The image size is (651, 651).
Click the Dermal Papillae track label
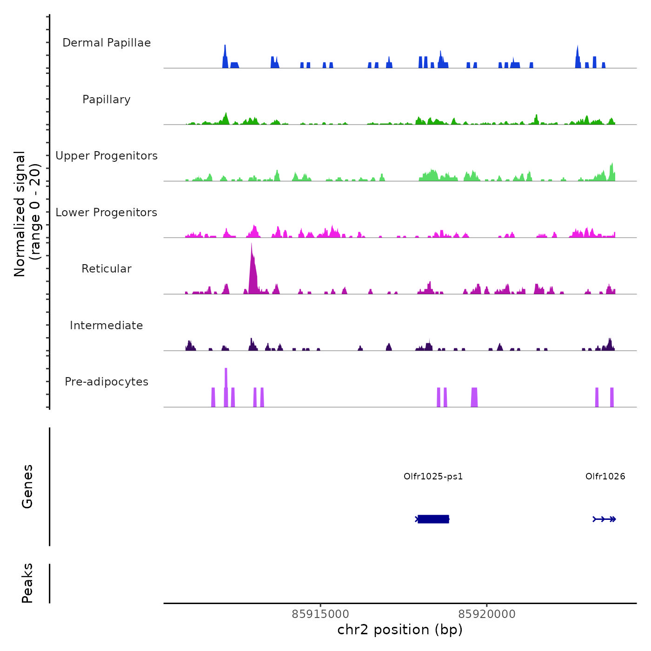click(106, 43)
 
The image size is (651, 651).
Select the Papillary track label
click(106, 100)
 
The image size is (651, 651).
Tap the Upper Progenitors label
click(106, 156)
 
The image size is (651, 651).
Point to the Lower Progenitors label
click(106, 213)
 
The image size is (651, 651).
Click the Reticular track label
click(106, 269)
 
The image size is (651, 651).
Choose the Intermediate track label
click(106, 325)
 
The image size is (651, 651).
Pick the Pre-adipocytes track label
click(106, 382)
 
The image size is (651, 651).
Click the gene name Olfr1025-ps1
click(433, 477)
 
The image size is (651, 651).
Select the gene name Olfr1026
click(605, 477)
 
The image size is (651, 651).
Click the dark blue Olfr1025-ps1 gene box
click(433, 519)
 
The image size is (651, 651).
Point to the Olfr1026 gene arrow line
click(604, 519)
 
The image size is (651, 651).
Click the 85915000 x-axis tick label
click(320, 614)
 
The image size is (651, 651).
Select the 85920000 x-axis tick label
click(487, 614)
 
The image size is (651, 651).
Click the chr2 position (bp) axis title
click(400, 630)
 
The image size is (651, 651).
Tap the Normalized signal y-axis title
click(27, 214)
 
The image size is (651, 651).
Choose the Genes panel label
click(27, 486)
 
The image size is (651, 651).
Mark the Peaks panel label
click(27, 583)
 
